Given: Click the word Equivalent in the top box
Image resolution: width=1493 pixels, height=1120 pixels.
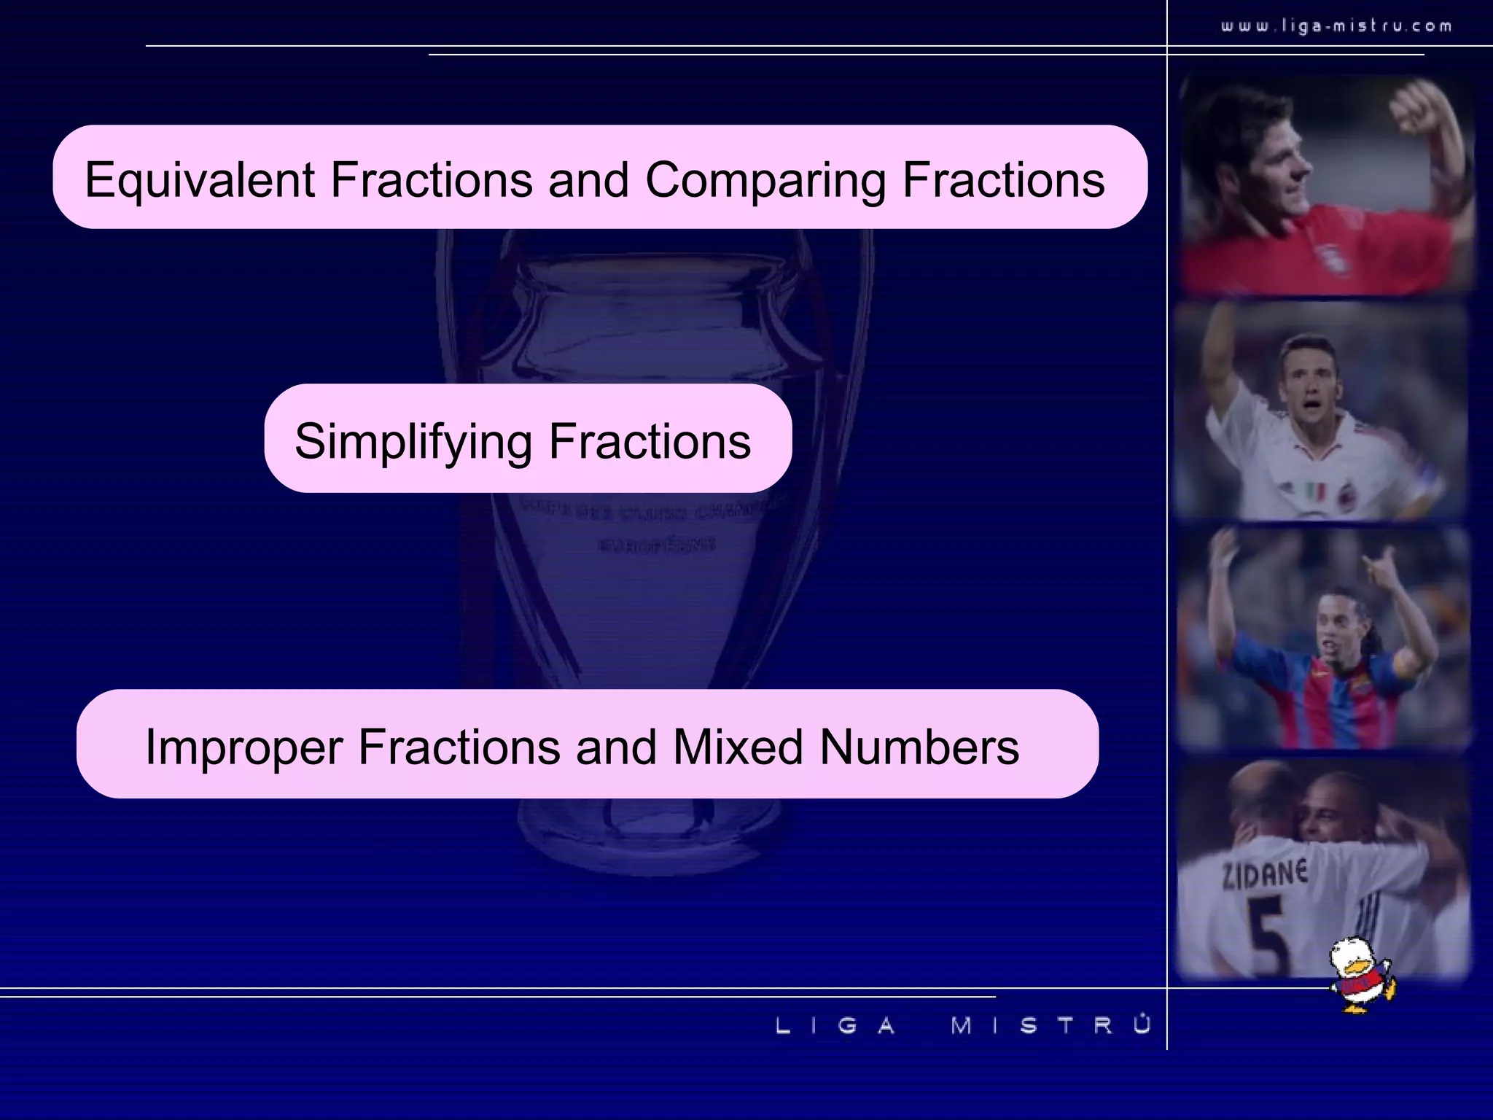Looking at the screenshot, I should pyautogui.click(x=200, y=179).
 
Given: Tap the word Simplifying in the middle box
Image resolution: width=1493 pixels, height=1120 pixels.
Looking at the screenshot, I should pyautogui.click(x=413, y=442).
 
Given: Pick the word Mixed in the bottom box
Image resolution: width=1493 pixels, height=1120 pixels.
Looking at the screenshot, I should pyautogui.click(x=737, y=747).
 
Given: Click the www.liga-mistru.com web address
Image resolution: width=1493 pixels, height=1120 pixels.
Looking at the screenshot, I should pyautogui.click(x=1336, y=26).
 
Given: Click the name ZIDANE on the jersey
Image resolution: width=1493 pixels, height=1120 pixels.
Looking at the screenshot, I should pyautogui.click(x=1266, y=874).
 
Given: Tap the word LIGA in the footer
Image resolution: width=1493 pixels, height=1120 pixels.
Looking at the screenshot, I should pyautogui.click(x=835, y=1026).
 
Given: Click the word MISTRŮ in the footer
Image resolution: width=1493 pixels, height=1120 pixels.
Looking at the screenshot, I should pyautogui.click(x=1050, y=1025).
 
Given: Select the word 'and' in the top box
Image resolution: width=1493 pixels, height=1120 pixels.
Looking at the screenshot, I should pyautogui.click(x=588, y=180).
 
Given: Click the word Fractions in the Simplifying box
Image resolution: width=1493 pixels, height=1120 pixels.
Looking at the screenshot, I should pyautogui.click(x=649, y=442).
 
